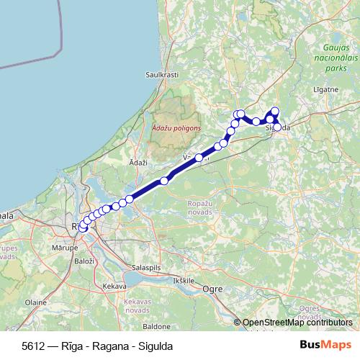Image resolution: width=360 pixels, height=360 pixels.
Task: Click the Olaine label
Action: [x=35, y=303]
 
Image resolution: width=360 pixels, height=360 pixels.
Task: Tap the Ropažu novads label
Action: [x=199, y=208]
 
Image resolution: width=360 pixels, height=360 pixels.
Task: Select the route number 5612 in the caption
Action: [x=32, y=346]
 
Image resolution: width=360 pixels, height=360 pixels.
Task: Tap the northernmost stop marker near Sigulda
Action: [x=274, y=111]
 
